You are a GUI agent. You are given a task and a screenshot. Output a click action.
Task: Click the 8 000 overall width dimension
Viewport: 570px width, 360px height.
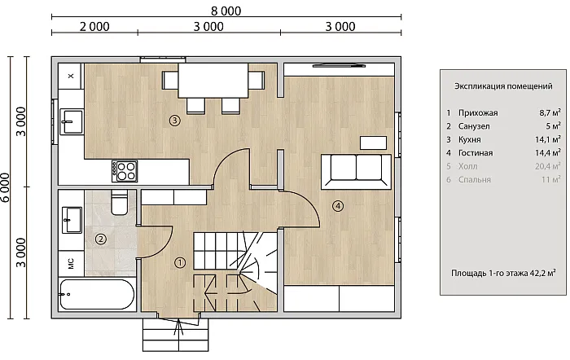[226, 11]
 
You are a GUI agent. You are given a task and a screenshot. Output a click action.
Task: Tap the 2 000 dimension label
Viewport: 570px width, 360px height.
[94, 27]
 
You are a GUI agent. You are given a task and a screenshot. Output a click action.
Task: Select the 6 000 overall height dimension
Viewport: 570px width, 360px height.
[5, 187]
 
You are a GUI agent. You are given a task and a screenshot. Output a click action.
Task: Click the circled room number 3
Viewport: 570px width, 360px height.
[175, 120]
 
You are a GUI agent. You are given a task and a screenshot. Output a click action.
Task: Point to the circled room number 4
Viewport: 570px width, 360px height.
[338, 206]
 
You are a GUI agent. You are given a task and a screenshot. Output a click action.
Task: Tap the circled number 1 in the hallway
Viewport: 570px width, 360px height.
[180, 262]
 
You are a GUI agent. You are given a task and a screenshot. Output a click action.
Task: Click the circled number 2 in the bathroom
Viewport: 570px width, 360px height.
[101, 239]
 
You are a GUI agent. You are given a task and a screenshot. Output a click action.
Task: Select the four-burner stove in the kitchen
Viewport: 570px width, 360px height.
[125, 171]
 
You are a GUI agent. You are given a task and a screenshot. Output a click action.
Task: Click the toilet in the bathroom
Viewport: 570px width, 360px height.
[119, 202]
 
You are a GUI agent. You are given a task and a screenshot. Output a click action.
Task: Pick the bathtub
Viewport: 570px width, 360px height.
[97, 295]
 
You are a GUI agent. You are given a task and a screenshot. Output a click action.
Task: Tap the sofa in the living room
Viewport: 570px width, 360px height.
[357, 172]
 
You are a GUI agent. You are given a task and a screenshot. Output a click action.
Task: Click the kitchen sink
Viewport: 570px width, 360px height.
[72, 122]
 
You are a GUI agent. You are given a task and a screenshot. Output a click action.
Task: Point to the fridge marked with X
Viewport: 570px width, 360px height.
[71, 76]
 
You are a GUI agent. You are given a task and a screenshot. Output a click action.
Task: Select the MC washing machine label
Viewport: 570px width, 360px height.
[71, 263]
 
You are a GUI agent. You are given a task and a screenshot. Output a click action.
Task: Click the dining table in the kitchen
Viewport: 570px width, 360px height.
[213, 81]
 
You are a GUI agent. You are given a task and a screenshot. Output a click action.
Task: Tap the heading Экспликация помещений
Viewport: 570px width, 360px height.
[503, 86]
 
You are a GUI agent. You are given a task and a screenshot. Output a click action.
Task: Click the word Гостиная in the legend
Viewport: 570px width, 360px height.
[476, 153]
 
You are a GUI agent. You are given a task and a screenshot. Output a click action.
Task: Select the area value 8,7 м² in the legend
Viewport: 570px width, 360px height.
[550, 112]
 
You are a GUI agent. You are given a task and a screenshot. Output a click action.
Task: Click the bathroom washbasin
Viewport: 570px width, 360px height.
[72, 220]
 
